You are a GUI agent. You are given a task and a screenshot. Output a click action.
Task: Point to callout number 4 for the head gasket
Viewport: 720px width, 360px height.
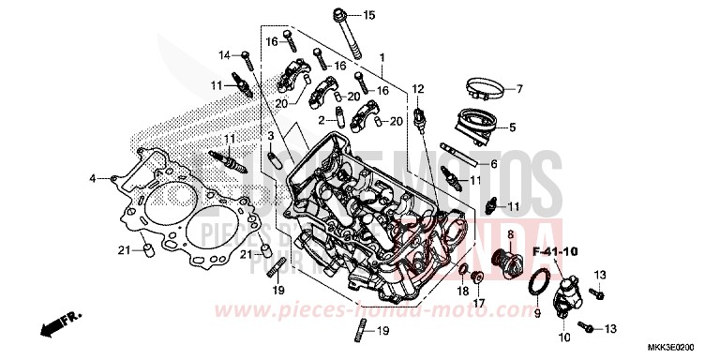(x=93, y=178)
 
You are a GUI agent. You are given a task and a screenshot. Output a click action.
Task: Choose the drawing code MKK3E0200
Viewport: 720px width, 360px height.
(x=681, y=348)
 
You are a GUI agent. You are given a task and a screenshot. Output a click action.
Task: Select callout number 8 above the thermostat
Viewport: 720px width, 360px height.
(x=510, y=233)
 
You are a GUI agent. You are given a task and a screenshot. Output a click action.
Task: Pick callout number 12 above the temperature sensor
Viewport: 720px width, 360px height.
(x=418, y=90)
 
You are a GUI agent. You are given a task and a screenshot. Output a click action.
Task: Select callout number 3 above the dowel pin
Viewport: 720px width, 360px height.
(x=269, y=137)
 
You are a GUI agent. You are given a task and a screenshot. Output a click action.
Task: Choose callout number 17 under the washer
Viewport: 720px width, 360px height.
(x=477, y=303)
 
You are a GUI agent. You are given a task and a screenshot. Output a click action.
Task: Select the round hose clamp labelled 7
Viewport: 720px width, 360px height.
(x=480, y=91)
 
